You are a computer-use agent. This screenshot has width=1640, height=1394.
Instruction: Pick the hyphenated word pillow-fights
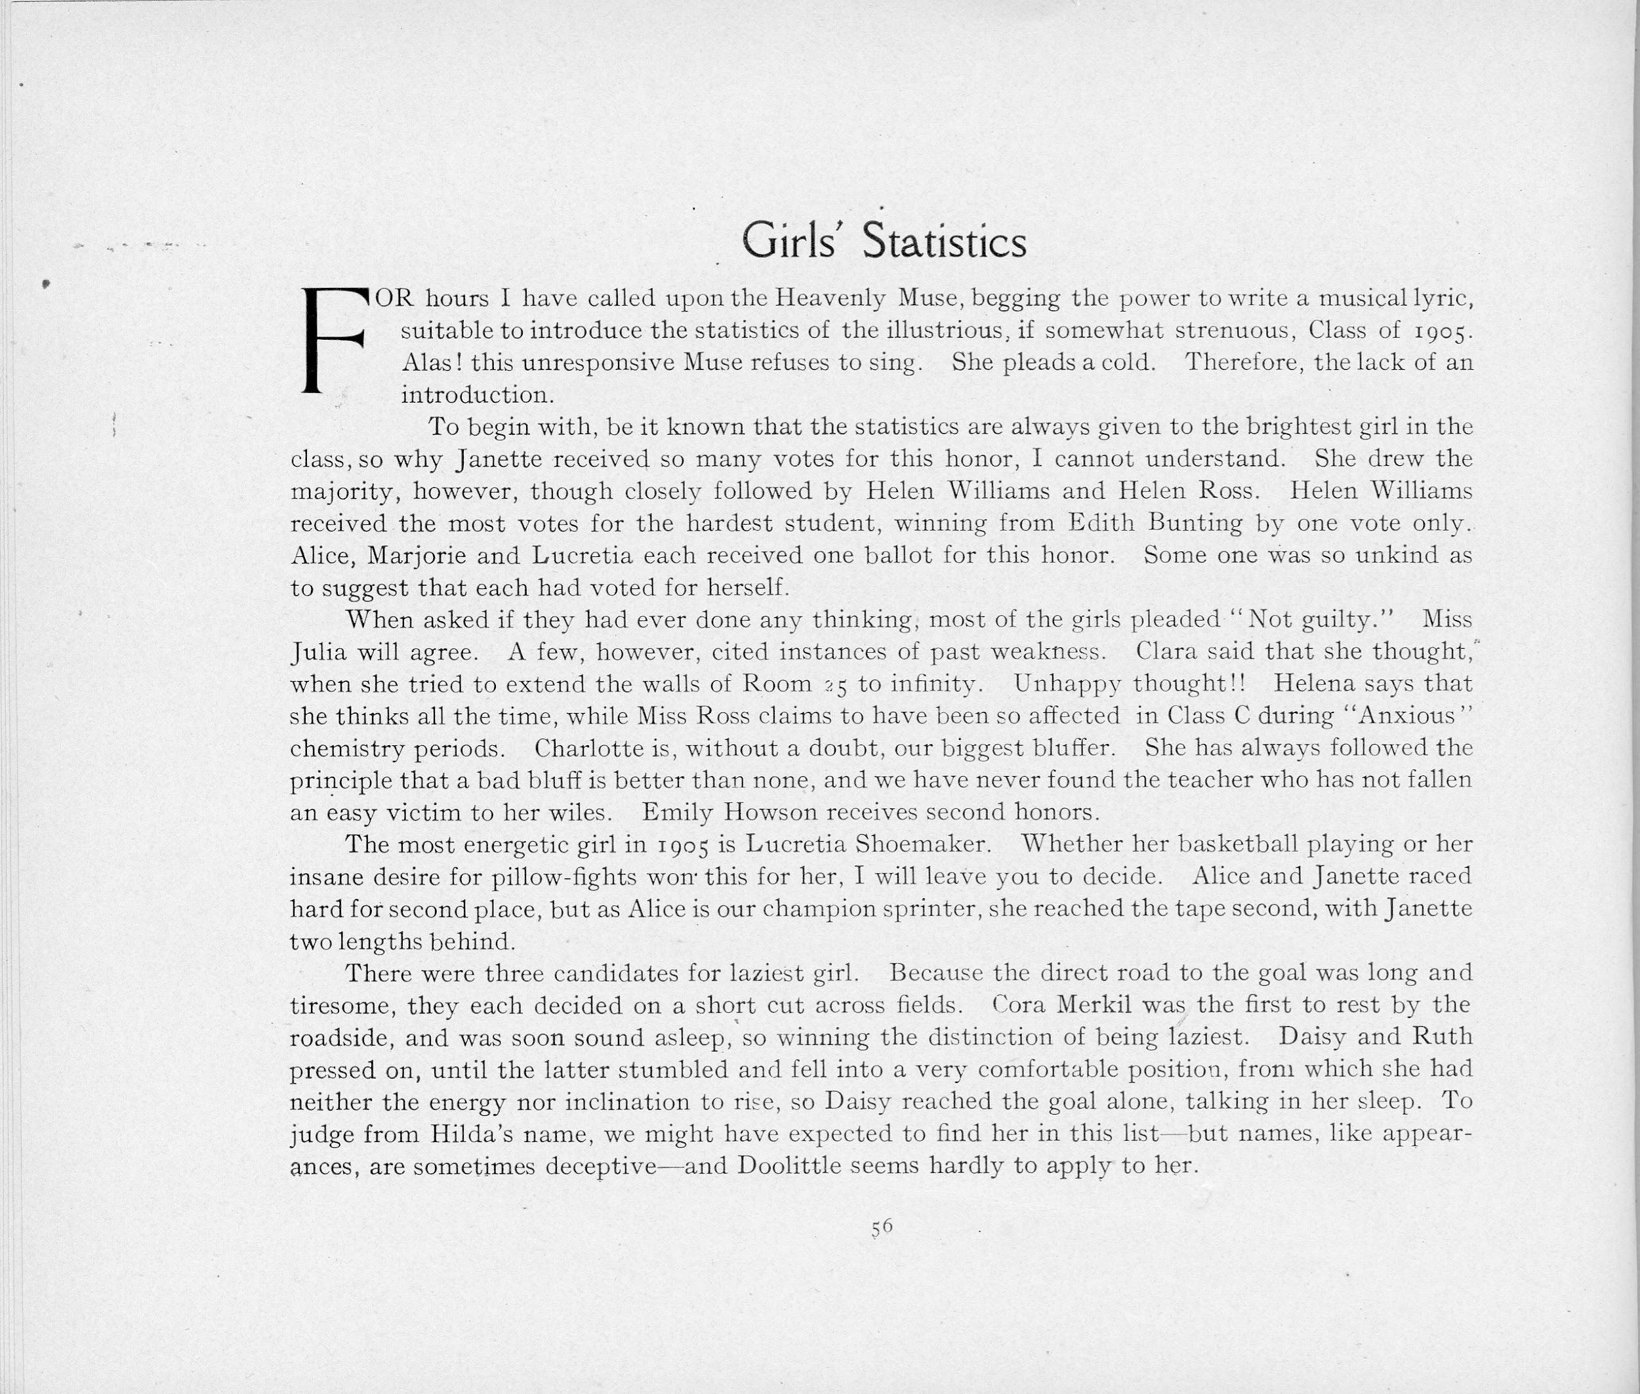[x=564, y=877]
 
